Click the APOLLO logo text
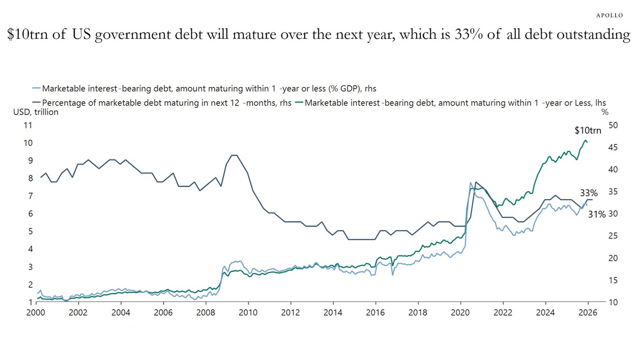[609, 15]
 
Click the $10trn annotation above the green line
[588, 131]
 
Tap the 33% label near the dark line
[588, 193]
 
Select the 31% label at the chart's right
[596, 214]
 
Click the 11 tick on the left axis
[28, 125]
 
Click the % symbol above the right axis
[604, 112]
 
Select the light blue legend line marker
[36, 88]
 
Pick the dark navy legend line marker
[36, 103]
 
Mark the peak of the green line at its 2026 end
[585, 140]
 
